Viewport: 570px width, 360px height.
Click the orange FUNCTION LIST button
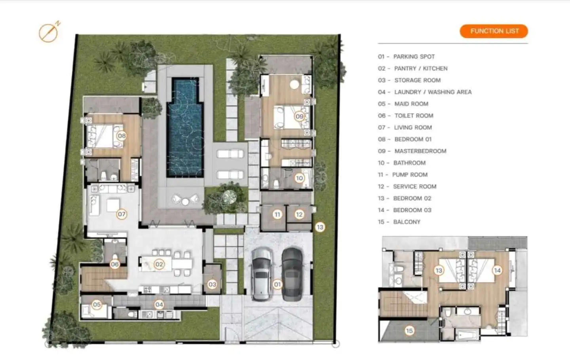coord(494,31)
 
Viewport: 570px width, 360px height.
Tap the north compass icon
coord(49,32)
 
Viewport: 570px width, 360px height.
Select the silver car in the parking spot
coord(262,274)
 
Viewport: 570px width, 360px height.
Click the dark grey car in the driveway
coord(292,274)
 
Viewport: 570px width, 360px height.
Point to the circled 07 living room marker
coord(122,214)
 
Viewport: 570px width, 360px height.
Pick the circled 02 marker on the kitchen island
coord(159,264)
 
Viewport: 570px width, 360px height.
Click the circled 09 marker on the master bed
coord(300,116)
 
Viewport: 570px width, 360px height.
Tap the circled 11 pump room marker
coord(277,214)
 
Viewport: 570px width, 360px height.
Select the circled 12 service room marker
coord(299,214)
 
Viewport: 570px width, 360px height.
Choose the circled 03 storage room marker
coord(212,284)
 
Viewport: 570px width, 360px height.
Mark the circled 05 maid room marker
coord(97,304)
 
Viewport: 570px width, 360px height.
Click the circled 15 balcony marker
coord(409,331)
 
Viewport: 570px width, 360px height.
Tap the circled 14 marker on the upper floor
coord(497,270)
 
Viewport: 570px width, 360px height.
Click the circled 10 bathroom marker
coord(300,178)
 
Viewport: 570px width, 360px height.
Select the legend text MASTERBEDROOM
coord(420,151)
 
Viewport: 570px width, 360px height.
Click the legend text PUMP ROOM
coord(410,175)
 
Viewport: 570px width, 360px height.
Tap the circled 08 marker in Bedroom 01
coord(122,136)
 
